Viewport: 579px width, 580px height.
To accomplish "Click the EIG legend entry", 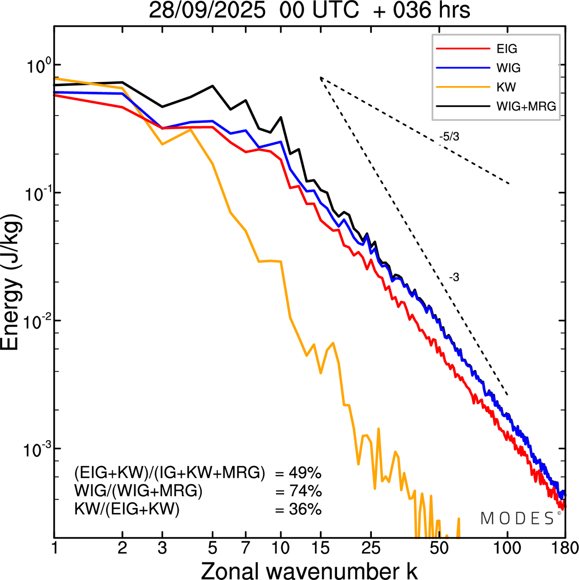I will (507, 49).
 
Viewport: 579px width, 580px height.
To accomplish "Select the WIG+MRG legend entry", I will (526, 106).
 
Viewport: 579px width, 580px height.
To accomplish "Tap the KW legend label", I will (506, 87).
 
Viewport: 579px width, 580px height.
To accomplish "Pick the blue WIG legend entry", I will (508, 68).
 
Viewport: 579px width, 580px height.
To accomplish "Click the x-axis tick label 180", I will (565, 549).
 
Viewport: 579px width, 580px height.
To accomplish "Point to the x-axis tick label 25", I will (371, 549).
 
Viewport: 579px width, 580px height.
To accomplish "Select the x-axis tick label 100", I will (507, 549).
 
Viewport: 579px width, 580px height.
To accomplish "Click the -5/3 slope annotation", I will (449, 137).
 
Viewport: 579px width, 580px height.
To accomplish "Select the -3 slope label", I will (454, 278).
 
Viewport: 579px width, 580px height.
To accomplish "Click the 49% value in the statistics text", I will (305, 473).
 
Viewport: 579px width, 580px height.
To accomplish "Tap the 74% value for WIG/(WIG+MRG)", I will (305, 491).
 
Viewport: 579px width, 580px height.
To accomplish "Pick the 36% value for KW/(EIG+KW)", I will (305, 509).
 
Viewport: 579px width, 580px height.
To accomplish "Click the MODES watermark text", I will (517, 518).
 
